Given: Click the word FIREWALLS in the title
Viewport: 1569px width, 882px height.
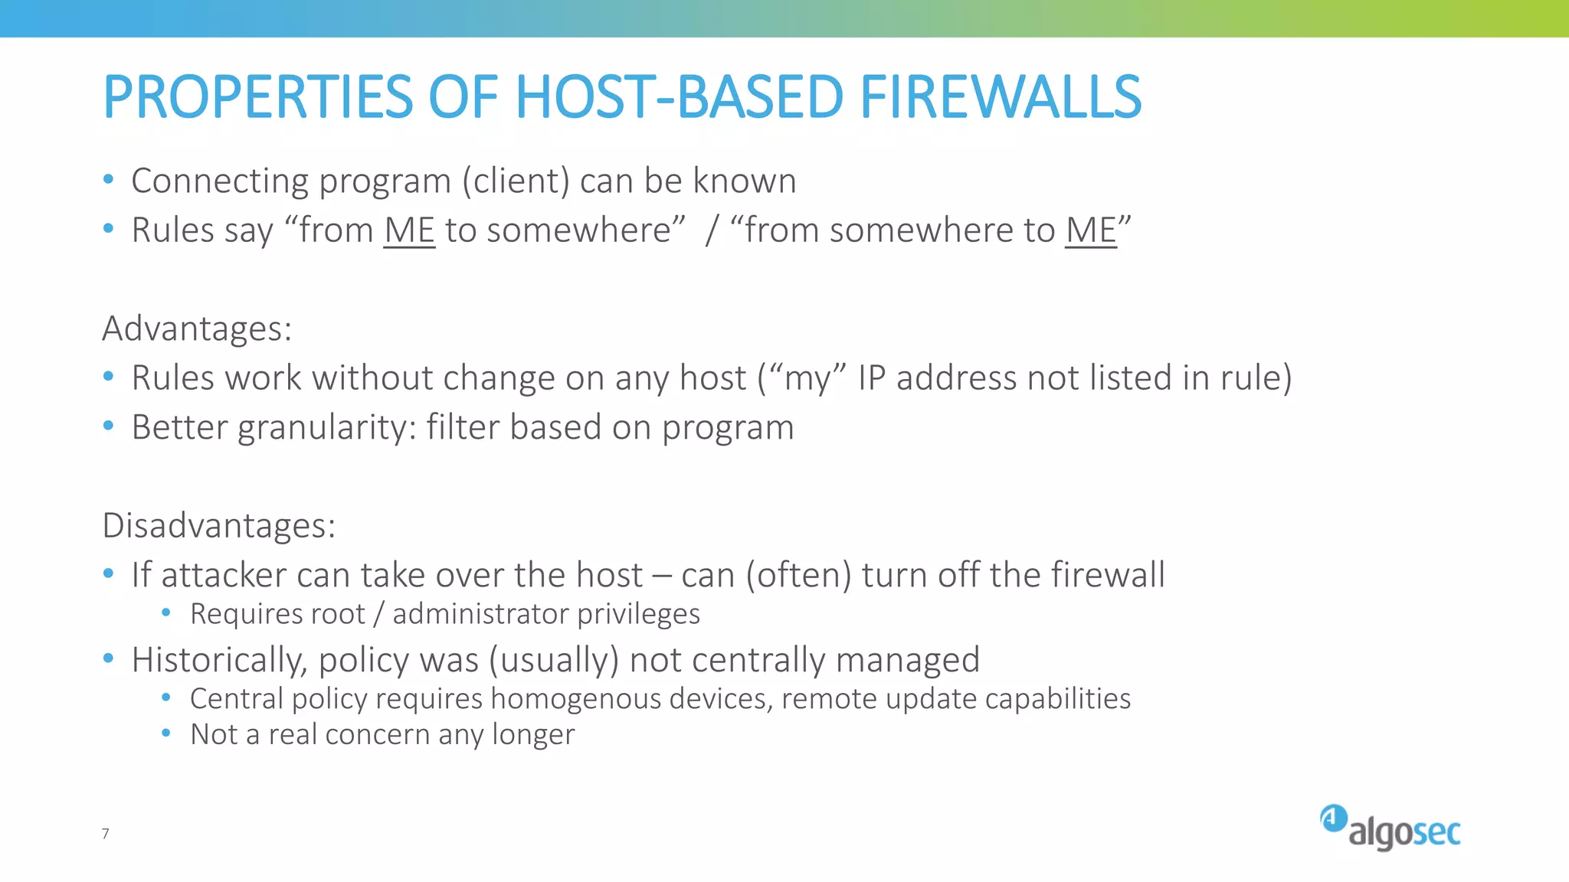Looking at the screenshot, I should (1000, 97).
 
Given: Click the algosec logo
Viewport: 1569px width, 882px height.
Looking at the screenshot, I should (1390, 828).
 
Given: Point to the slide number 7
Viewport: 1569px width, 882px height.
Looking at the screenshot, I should (106, 833).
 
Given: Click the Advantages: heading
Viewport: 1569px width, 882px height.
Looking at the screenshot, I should (197, 328).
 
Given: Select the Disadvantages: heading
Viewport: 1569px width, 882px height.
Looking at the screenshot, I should (219, 526).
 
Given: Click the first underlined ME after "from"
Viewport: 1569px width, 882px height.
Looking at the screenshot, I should (409, 230).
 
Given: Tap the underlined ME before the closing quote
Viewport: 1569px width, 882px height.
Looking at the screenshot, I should (1090, 230).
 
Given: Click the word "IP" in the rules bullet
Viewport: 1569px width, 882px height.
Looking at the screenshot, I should (872, 378).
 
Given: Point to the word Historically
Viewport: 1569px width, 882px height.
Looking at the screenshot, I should (219, 661).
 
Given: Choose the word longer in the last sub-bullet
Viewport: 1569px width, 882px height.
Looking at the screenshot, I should (533, 735).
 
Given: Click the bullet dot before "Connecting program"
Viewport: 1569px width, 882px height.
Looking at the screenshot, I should (109, 179).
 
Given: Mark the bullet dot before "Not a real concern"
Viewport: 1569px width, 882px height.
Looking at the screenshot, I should (166, 733).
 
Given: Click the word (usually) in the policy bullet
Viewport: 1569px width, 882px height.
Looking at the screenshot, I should (553, 661).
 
